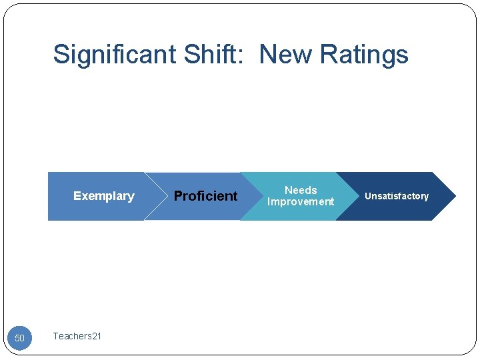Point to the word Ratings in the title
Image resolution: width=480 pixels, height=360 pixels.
tap(364, 55)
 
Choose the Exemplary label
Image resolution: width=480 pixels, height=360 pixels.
tap(103, 196)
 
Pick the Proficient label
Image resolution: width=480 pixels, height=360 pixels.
tap(205, 196)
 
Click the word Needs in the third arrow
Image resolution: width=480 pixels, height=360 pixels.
tap(301, 191)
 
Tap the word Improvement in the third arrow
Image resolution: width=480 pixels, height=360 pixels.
tap(301, 202)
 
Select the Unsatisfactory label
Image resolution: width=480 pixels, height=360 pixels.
tap(397, 196)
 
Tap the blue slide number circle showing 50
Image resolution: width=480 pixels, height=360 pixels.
tap(19, 338)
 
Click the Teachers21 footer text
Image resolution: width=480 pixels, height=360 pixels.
tap(77, 336)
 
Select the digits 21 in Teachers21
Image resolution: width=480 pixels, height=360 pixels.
tap(97, 336)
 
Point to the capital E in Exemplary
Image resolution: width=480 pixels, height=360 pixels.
tap(77, 196)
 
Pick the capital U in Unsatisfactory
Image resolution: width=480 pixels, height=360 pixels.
tap(367, 196)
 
